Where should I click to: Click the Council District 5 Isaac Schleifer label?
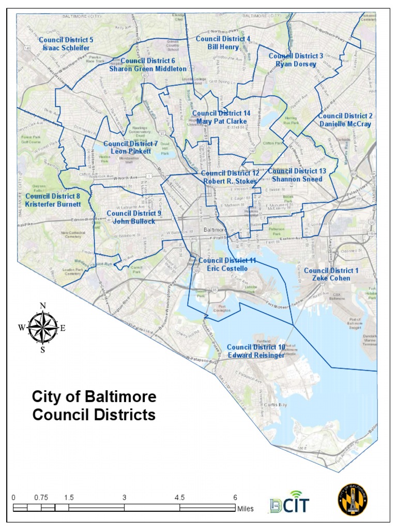coord(66,43)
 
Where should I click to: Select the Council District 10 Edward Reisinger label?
coord(256,351)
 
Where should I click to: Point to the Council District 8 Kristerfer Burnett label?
coord(52,200)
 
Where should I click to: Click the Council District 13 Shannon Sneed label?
coord(297,175)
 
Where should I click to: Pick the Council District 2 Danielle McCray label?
coord(345,120)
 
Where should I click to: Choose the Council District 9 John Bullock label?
coord(134,217)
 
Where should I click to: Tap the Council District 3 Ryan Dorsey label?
coord(296,60)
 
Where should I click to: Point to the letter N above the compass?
coord(43,305)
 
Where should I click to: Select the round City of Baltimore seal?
coord(353,499)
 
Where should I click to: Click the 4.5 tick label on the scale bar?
coord(180,497)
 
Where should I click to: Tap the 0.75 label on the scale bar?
coord(41,497)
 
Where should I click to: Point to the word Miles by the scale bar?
coord(245,509)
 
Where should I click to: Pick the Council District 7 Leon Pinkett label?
coord(131,148)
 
